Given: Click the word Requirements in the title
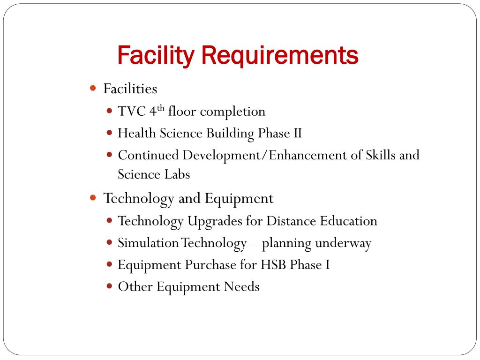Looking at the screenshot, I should coord(280,55).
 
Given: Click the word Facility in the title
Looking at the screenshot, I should coord(155,55).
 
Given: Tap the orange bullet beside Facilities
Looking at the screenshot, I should coord(93,88).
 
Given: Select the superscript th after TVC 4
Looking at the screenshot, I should coord(161,109).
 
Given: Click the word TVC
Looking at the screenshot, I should coord(132,112).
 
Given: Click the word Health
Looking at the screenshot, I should coord(136,133).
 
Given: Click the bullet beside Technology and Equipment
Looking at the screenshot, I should coord(93,198).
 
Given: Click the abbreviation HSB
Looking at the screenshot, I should coord(272,264).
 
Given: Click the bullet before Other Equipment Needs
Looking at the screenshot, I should coord(110,286).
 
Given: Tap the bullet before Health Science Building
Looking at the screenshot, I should coord(110,133).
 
